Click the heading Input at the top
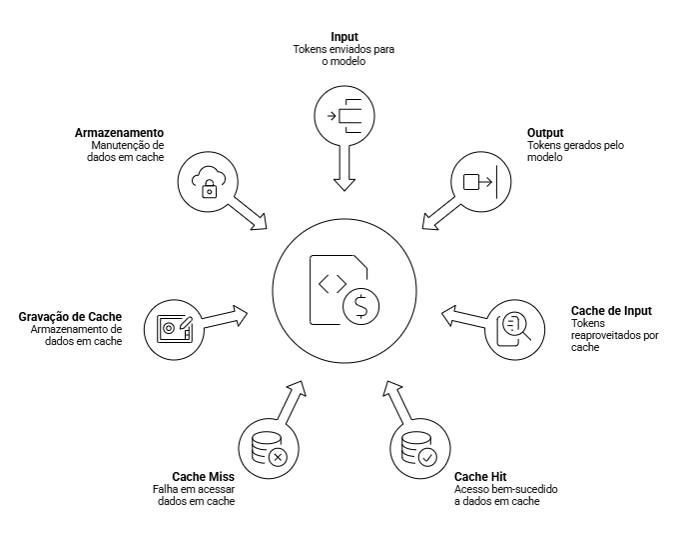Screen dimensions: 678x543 344,37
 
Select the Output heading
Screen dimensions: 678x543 545,133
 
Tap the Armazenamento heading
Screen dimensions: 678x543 120,133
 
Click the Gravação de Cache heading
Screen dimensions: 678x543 70,317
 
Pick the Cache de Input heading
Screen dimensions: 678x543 611,310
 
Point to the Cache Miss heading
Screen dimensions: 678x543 204,477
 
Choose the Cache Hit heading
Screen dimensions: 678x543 480,477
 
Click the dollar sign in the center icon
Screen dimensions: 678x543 361,306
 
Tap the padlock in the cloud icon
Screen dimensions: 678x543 210,189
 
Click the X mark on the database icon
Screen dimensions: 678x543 278,457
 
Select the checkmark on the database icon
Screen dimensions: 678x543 427,457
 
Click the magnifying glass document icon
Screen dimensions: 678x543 513,329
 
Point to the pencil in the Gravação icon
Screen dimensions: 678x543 186,323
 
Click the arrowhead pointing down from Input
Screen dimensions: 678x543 344,184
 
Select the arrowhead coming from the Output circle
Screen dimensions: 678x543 429,222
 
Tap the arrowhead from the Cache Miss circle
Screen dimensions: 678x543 298,388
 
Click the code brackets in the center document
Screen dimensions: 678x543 333,284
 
